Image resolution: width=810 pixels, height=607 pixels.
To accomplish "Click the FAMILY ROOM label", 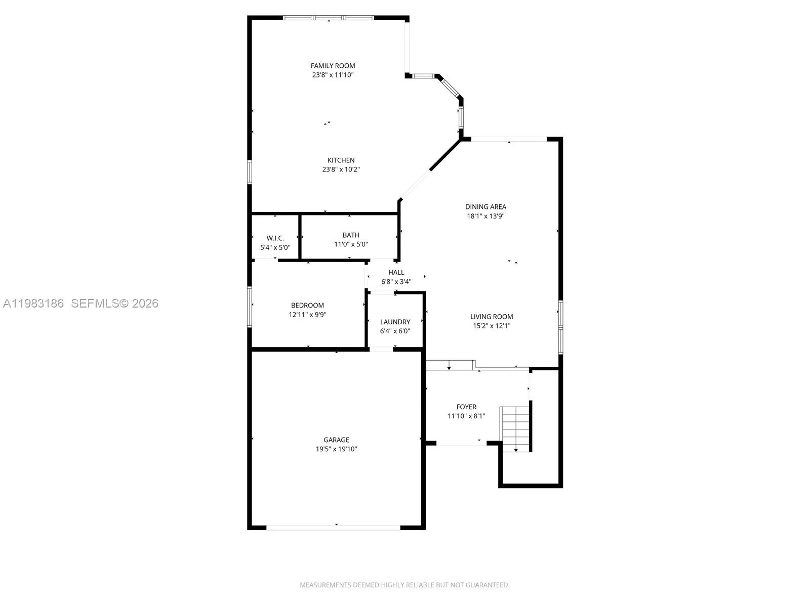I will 333,66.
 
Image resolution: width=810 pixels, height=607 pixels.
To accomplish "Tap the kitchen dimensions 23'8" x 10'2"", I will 341,169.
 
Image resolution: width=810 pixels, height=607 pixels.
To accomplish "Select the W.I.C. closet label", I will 275,238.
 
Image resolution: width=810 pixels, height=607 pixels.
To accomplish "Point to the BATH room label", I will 351,235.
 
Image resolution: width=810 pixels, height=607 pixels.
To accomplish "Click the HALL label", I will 396,273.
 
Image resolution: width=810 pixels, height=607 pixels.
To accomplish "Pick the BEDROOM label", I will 307,306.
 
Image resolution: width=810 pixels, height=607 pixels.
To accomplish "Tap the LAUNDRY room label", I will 395,322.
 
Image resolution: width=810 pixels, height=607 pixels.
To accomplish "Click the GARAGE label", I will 336,440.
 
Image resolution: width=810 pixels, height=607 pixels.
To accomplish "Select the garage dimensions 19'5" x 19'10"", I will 336,449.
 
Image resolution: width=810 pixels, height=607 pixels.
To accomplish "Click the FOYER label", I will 466,407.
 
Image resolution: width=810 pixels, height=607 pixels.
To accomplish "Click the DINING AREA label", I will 485,207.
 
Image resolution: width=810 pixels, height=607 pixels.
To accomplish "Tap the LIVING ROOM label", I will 491,317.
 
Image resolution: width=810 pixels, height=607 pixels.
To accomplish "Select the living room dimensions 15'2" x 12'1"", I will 491,326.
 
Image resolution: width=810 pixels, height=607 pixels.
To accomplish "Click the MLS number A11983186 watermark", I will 33,303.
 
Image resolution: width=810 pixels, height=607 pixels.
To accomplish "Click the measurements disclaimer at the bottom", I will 404,585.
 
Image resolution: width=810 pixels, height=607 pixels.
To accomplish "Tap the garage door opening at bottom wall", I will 333,528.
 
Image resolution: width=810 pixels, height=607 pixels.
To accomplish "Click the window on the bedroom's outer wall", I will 250,307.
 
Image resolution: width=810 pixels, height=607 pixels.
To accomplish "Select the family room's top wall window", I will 328,18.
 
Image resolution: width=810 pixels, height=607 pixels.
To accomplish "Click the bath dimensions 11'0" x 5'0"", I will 351,244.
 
